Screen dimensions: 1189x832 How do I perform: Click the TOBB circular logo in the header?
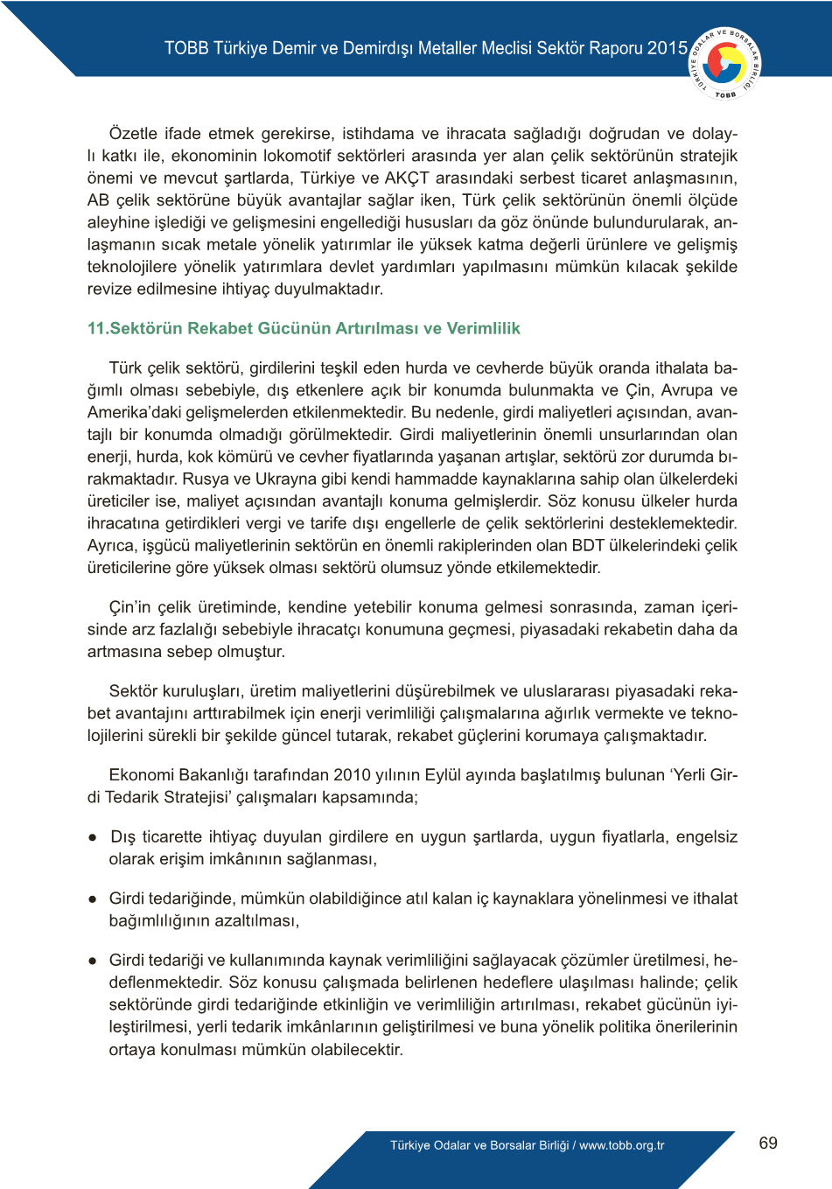click(726, 62)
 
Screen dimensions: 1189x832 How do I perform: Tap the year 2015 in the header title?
click(668, 48)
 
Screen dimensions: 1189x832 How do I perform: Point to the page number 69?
click(768, 1143)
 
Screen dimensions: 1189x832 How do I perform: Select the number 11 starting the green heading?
click(96, 328)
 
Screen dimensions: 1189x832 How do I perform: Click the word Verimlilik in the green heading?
click(483, 328)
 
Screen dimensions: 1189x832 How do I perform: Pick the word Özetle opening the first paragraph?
click(133, 134)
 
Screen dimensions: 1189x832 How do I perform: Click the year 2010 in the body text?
click(352, 774)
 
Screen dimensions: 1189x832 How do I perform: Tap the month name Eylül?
click(444, 774)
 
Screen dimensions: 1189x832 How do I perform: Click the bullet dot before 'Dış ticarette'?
click(92, 837)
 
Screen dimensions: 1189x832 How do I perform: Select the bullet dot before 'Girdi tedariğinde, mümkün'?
click(92, 899)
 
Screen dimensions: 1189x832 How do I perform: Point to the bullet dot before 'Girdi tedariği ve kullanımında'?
click(92, 961)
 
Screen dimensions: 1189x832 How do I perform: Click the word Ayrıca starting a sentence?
click(110, 545)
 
